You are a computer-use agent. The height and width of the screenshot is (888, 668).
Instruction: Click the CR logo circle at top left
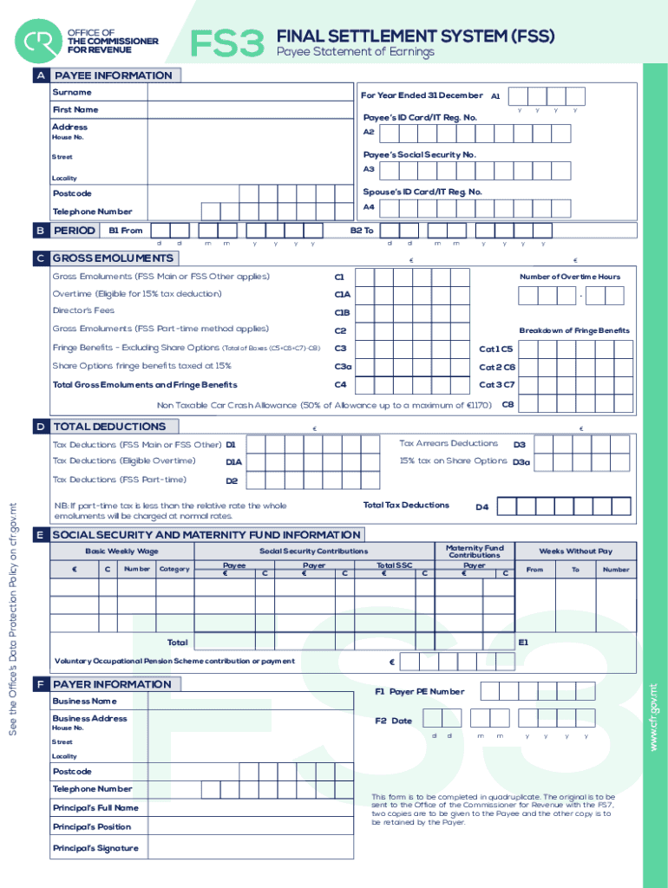point(39,42)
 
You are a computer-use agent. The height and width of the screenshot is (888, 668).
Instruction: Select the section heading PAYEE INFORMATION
point(113,75)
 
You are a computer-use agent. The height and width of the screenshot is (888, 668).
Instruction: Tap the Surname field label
point(71,92)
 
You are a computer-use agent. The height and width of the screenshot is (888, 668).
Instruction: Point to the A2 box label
point(369,132)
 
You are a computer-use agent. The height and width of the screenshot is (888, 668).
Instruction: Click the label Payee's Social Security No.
point(419,154)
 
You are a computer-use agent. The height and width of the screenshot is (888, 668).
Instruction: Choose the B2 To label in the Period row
point(362,231)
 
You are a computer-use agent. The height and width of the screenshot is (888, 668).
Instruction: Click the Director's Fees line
point(83,310)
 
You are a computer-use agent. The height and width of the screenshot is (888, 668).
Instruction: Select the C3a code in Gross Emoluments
point(343,367)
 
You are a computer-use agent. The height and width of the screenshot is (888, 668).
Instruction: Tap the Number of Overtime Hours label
point(570,277)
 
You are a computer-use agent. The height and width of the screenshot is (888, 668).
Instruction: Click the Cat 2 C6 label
point(497,367)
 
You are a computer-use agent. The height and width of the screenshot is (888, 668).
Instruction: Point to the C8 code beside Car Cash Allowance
point(508,404)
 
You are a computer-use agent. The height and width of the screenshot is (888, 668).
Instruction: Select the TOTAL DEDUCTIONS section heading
point(109,427)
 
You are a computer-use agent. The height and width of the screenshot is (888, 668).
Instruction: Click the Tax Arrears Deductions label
point(448,443)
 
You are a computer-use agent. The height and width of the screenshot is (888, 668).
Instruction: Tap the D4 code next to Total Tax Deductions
point(481,506)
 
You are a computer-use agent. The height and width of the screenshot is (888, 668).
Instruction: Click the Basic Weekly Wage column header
point(121,551)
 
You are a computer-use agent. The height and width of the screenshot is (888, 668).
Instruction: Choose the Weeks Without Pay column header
point(575,551)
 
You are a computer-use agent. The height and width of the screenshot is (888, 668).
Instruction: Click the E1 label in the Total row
point(523,643)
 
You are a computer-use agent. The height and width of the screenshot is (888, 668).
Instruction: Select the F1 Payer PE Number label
point(419,692)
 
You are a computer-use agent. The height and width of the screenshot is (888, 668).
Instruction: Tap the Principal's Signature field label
point(95,848)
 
